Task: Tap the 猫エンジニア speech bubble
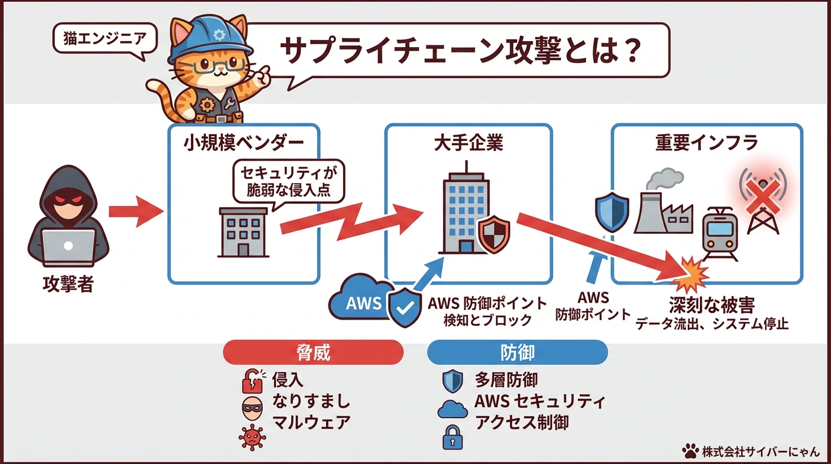tap(104, 40)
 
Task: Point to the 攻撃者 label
tap(68, 284)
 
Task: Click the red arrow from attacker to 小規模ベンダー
tap(136, 211)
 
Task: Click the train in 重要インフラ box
tap(720, 233)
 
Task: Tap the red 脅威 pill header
tap(313, 352)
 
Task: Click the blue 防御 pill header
tap(517, 352)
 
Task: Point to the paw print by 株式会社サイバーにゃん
tap(689, 451)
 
